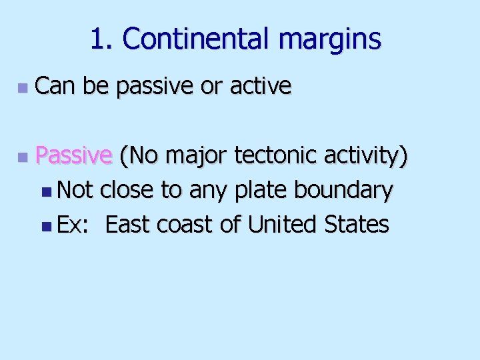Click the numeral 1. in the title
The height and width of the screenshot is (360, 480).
[x=102, y=39]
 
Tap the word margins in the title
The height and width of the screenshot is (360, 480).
[x=330, y=41]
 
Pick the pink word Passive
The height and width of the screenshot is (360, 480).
[x=73, y=156]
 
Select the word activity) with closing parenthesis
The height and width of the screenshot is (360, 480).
[x=367, y=157]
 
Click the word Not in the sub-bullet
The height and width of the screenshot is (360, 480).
[x=75, y=191]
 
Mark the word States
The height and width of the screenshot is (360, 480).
[x=357, y=225]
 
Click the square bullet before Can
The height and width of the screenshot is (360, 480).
[x=22, y=87]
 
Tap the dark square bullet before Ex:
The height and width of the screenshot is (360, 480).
[x=45, y=226]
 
